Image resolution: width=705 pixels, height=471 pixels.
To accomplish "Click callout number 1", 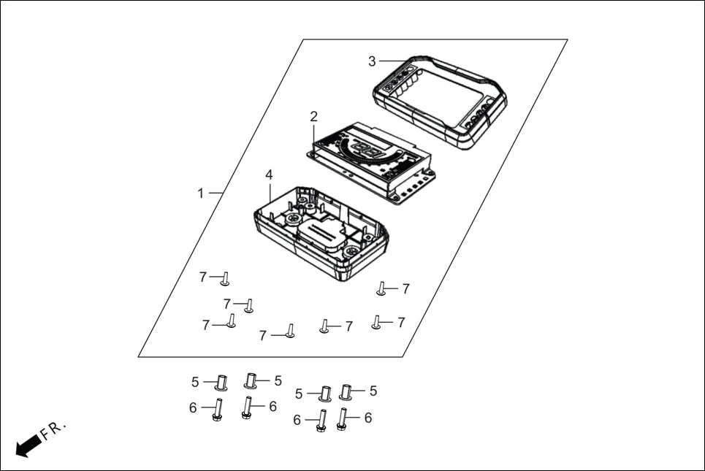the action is [x=201, y=194].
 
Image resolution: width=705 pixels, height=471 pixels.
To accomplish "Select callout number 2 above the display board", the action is [x=313, y=116].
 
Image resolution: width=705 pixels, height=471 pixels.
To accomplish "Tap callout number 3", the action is [x=372, y=61].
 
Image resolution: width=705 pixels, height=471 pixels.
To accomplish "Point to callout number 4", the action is [x=269, y=175].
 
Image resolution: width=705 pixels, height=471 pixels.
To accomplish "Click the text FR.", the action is [x=53, y=431].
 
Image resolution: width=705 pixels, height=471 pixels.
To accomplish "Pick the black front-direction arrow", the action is [x=28, y=445].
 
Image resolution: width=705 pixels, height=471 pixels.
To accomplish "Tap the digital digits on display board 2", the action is [x=370, y=151].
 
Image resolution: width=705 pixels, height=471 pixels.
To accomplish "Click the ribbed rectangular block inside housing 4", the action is [x=321, y=232].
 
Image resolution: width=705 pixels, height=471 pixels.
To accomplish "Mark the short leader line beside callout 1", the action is [x=215, y=193].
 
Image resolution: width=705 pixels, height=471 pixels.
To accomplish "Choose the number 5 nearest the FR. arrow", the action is [x=195, y=382].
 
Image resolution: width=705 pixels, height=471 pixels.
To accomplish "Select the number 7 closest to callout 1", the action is [x=203, y=277].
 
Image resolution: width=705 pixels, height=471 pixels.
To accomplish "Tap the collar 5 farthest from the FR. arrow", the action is [x=347, y=392].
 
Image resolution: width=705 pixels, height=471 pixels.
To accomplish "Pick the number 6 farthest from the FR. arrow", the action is [x=368, y=418].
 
